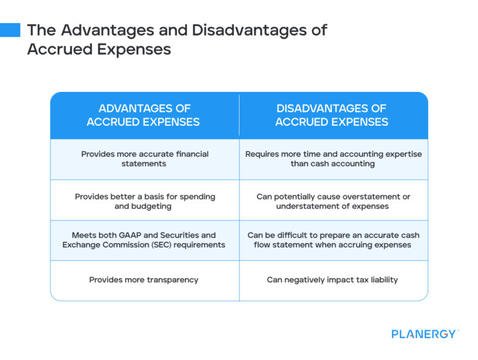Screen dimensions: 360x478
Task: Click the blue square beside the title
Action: [10, 30]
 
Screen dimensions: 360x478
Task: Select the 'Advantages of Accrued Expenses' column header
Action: [144, 116]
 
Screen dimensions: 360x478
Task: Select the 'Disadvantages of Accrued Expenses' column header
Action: [332, 116]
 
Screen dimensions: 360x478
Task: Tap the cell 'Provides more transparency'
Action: [144, 280]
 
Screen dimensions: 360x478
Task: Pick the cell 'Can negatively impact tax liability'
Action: [332, 280]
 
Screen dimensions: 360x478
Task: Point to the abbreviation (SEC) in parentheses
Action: [169, 245]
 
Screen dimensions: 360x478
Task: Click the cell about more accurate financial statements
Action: [144, 159]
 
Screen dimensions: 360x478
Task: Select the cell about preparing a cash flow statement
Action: [333, 240]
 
